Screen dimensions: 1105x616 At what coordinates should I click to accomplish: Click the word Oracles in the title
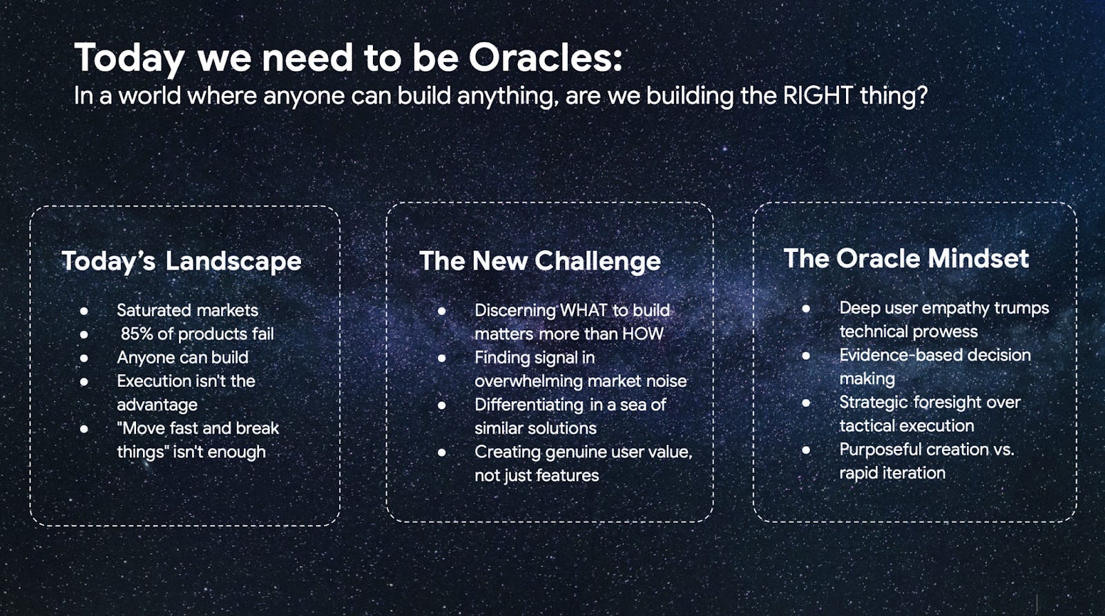pos(545,58)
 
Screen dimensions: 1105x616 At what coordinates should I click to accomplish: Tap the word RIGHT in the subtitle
pos(818,95)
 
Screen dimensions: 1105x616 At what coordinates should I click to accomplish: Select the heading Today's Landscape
pos(182,262)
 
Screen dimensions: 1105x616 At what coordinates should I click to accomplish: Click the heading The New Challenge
pos(540,262)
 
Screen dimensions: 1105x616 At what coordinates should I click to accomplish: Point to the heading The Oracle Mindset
pos(906,258)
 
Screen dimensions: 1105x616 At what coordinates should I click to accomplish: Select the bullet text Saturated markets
pos(187,310)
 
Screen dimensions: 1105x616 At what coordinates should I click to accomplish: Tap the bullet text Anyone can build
pos(182,358)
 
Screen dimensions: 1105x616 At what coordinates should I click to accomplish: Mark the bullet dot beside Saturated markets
pos(84,311)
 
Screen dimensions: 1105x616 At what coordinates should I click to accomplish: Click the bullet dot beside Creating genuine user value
pos(441,452)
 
